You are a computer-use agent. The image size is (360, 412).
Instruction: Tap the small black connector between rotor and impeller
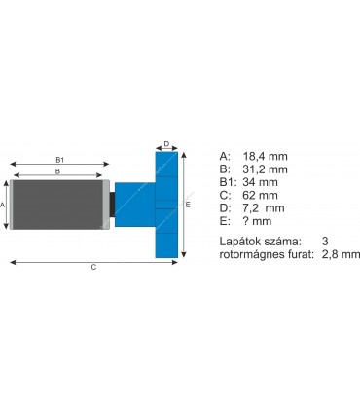pyautogui.click(x=111, y=206)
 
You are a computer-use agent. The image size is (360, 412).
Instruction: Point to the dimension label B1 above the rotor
pyautogui.click(x=59, y=159)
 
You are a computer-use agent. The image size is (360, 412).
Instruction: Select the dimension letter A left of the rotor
pyautogui.click(x=4, y=206)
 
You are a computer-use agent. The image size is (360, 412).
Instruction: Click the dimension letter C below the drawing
pyautogui.click(x=93, y=266)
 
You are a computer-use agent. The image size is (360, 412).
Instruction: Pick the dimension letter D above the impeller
pyautogui.click(x=166, y=144)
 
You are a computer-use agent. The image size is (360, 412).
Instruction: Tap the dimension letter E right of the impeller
pyautogui.click(x=187, y=206)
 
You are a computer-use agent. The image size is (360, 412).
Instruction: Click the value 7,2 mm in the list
pyautogui.click(x=263, y=208)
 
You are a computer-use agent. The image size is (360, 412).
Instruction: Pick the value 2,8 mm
pyautogui.click(x=340, y=254)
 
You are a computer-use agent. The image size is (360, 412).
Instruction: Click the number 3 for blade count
pyautogui.click(x=323, y=241)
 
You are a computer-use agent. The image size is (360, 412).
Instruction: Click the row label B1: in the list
pyautogui.click(x=229, y=181)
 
